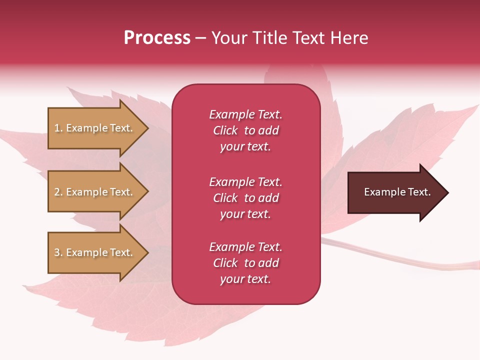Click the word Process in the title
pyautogui.click(x=157, y=38)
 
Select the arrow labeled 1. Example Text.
pyautogui.click(x=95, y=128)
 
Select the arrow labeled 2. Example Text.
pyautogui.click(x=95, y=192)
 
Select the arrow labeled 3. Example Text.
pyautogui.click(x=95, y=252)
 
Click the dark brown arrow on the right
pyautogui.click(x=395, y=192)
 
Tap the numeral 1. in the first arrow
pyautogui.click(x=58, y=128)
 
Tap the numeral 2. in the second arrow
pyautogui.click(x=58, y=192)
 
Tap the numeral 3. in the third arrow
pyautogui.click(x=58, y=252)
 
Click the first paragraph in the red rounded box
pyautogui.click(x=245, y=130)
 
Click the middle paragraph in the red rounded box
pyautogui.click(x=245, y=198)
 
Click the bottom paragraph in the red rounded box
pyautogui.click(x=245, y=263)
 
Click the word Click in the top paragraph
pyautogui.click(x=225, y=130)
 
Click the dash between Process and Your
pyautogui.click(x=200, y=38)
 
